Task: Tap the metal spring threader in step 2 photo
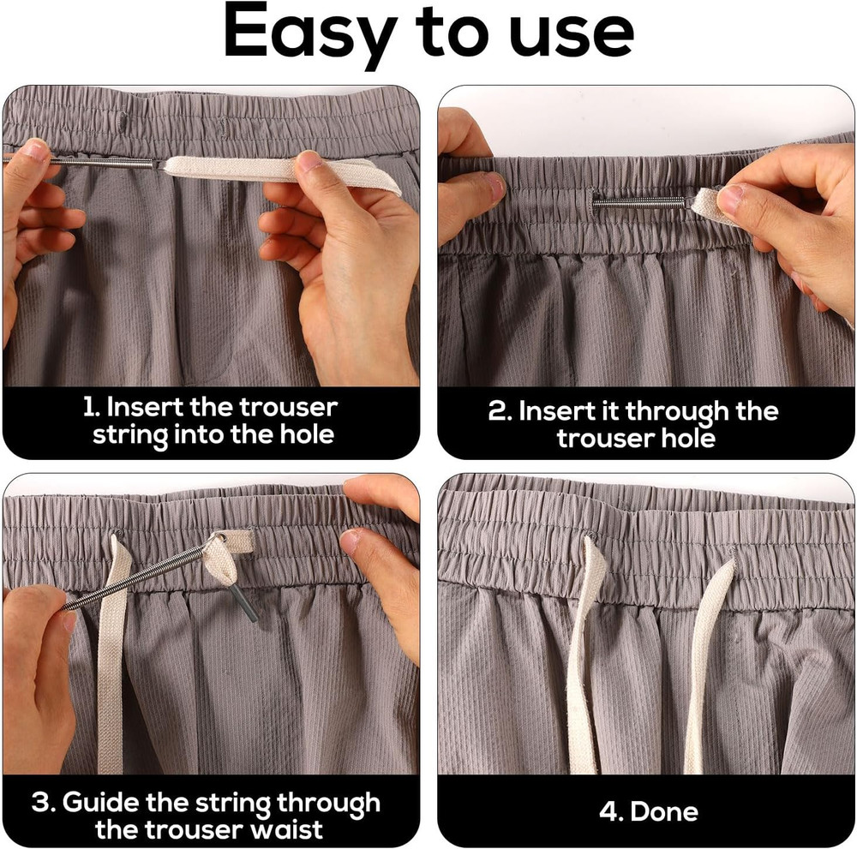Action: point(639,203)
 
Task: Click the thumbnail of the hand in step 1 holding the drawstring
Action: point(309,160)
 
